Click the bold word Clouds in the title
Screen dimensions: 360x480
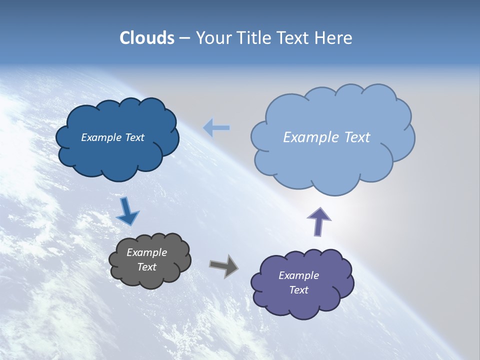pos(146,38)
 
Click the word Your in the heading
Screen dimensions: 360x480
pos(214,38)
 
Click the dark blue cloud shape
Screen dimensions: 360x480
pos(117,155)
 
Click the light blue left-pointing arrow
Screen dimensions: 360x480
pos(216,128)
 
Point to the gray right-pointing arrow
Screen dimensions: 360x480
pos(223,266)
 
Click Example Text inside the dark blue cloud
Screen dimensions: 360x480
pos(112,137)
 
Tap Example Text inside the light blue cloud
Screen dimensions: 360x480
pos(326,137)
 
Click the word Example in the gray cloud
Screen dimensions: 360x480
pos(146,252)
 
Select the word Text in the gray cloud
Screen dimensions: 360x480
pos(146,267)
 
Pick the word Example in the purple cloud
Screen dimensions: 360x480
pos(298,275)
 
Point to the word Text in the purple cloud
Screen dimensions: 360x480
pos(298,290)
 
